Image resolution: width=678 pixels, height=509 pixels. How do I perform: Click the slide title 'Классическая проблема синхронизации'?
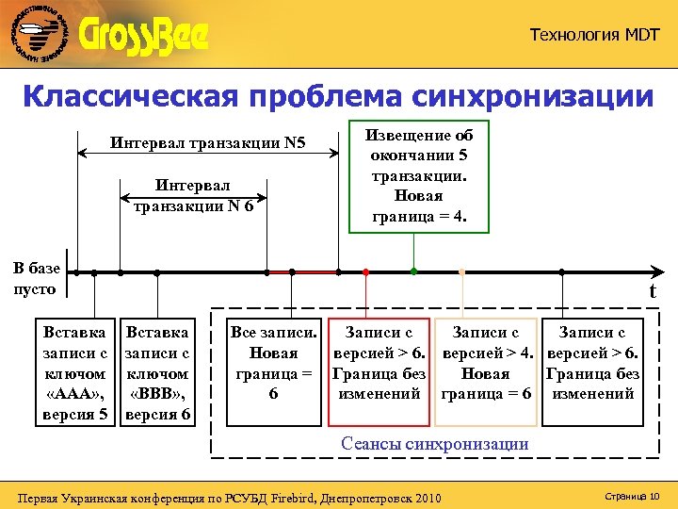(x=337, y=96)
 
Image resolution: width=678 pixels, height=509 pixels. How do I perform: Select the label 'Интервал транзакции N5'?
(x=208, y=144)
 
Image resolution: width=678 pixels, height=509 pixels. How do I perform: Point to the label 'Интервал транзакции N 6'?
(x=192, y=196)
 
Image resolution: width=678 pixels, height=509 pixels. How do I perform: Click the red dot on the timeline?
(x=366, y=271)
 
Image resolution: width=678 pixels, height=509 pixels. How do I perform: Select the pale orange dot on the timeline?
(x=461, y=271)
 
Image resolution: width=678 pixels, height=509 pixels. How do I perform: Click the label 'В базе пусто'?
(x=36, y=279)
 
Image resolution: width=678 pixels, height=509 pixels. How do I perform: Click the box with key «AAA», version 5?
(x=76, y=373)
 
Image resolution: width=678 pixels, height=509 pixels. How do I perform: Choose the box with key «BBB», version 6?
(x=158, y=373)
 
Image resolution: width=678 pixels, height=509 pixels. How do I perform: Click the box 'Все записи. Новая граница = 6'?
(x=273, y=363)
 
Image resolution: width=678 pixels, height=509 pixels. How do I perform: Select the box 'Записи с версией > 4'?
(x=486, y=363)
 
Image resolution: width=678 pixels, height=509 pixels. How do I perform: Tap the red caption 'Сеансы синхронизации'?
(x=434, y=443)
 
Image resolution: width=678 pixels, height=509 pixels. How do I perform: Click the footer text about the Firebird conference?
(x=230, y=497)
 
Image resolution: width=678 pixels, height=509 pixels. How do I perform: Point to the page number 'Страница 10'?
(x=634, y=496)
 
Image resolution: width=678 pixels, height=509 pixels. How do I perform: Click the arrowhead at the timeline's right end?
(x=656, y=272)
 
